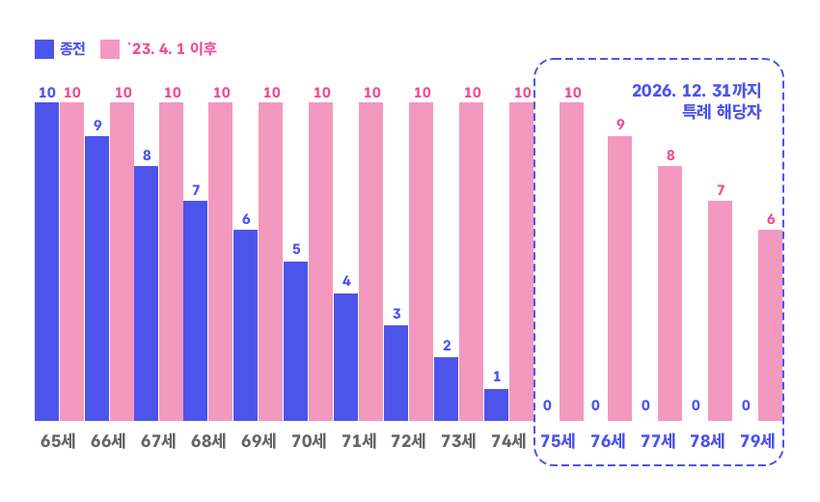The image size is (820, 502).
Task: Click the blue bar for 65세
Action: pyautogui.click(x=46, y=261)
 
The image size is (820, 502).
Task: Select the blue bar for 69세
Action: pyautogui.click(x=245, y=324)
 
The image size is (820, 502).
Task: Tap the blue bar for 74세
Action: pyautogui.click(x=496, y=404)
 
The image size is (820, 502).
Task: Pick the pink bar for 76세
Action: pyautogui.click(x=619, y=278)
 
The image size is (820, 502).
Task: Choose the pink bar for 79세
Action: pyautogui.click(x=770, y=324)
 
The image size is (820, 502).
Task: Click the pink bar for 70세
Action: pyautogui.click(x=320, y=261)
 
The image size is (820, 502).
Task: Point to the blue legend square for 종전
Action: pyautogui.click(x=44, y=49)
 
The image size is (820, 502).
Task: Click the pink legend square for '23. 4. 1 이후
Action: pyautogui.click(x=110, y=49)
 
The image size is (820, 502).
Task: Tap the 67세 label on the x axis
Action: pyautogui.click(x=158, y=442)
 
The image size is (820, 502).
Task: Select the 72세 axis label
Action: pyautogui.click(x=408, y=442)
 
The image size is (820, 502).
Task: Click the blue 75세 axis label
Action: pyautogui.click(x=558, y=442)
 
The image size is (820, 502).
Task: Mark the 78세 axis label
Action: pyautogui.click(x=708, y=442)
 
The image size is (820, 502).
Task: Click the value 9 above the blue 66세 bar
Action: pyautogui.click(x=97, y=125)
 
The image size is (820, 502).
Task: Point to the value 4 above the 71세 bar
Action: pyautogui.click(x=346, y=282)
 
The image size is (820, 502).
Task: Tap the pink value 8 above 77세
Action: pyautogui.click(x=670, y=154)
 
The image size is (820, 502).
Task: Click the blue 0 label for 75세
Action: pyautogui.click(x=546, y=405)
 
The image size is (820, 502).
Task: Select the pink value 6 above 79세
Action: pyautogui.click(x=771, y=219)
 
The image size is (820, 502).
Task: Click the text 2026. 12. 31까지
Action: pyautogui.click(x=697, y=91)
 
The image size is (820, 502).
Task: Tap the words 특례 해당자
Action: pyautogui.click(x=722, y=111)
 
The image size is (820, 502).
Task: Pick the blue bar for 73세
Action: pyautogui.click(x=446, y=388)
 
